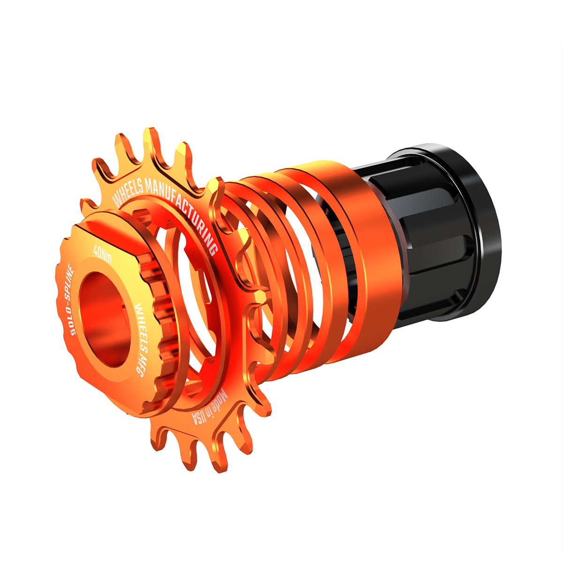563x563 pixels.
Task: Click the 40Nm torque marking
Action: pos(102,254)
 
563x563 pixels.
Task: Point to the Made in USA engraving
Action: pos(209,408)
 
